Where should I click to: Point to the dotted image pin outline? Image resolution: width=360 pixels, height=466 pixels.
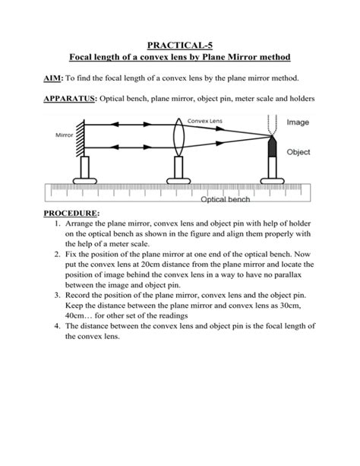click(272, 125)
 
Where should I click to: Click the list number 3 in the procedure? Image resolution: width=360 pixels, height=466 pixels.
click(58, 292)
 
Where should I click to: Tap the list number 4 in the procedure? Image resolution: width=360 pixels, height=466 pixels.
click(58, 325)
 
